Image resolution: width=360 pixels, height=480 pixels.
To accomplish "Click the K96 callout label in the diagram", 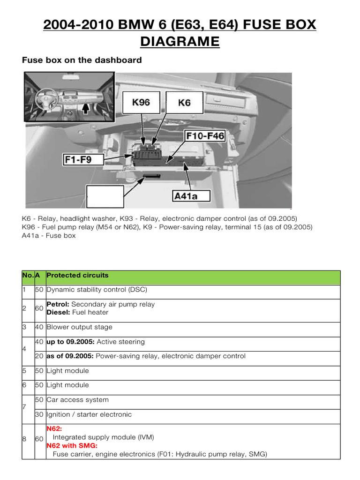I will (141, 102).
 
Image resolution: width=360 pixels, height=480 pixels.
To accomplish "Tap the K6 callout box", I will (184, 102).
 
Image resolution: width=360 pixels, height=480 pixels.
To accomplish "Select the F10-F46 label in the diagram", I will (205, 136).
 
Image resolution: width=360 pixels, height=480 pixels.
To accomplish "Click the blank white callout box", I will (105, 196).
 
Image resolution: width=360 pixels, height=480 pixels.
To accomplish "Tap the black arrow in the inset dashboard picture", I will (85, 108).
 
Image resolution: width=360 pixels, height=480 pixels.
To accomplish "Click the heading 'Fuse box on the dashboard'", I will (82, 60).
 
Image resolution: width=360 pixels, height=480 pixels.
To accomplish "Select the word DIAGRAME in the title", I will (180, 42).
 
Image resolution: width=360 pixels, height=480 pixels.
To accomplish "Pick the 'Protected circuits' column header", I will (77, 276).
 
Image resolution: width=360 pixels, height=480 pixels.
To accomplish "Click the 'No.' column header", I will (28, 276).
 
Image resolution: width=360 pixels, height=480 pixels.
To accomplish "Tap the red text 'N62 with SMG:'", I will (72, 446).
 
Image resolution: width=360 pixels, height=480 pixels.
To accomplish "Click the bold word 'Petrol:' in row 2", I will (59, 304).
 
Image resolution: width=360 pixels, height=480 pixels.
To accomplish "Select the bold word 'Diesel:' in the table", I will (59, 312).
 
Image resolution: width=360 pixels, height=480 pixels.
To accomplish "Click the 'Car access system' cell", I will (77, 400).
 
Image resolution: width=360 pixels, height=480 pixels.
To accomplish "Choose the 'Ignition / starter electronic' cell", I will (89, 414).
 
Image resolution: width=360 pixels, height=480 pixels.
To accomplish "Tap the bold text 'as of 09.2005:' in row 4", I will (70, 356).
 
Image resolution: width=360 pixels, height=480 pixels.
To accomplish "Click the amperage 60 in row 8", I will (39, 439).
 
